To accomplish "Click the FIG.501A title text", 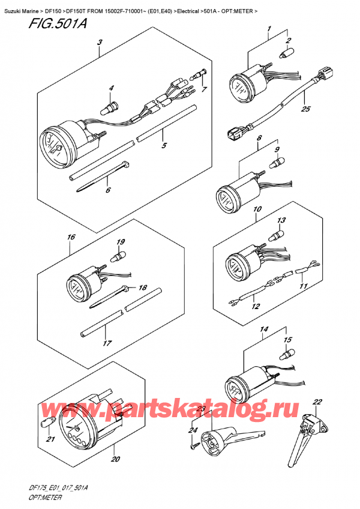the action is click(x=58, y=23).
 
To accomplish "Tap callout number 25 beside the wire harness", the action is click(x=305, y=109).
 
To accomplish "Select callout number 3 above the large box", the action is click(x=100, y=42).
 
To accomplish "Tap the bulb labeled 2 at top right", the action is click(x=286, y=53).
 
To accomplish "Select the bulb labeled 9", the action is click(x=277, y=162).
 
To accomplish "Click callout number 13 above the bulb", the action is click(x=281, y=220).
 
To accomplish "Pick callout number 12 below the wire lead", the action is click(x=256, y=306).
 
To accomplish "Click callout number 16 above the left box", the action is click(x=71, y=237).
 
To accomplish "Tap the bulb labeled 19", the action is click(x=118, y=257).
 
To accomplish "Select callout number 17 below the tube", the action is click(x=107, y=343).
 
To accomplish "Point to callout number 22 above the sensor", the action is click(x=317, y=402).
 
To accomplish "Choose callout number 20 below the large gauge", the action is click(x=116, y=459).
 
